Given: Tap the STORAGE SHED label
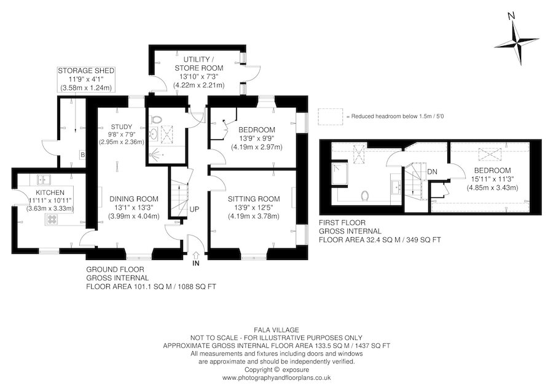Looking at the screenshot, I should coord(87,71).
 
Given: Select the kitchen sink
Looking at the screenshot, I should coord(42,180).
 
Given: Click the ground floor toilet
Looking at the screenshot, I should coord(156,119).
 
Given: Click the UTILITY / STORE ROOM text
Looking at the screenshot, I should coord(198,62).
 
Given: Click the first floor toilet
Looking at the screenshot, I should coord(366,195).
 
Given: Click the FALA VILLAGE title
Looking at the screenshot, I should coord(276,330).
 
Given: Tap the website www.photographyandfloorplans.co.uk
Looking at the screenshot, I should coord(276,377).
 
